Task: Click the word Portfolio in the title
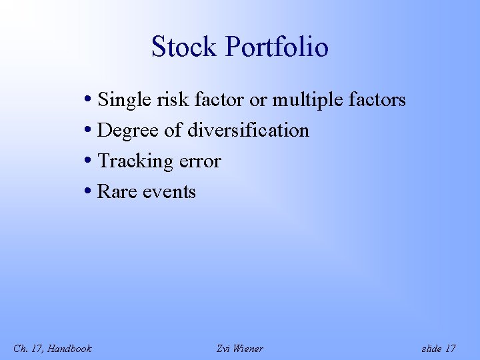click(x=277, y=47)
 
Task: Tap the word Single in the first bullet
click(x=120, y=101)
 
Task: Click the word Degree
click(x=127, y=131)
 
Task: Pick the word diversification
click(x=248, y=131)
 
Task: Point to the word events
click(x=168, y=192)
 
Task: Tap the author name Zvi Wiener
click(x=240, y=349)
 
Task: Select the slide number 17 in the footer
click(x=450, y=349)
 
